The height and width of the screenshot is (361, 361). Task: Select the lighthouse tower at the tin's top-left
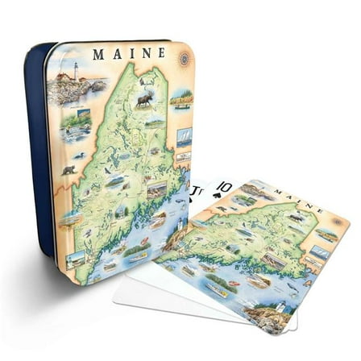click(77, 72)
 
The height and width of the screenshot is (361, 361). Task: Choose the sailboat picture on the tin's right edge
click(184, 138)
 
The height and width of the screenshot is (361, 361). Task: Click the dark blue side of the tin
click(36, 161)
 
